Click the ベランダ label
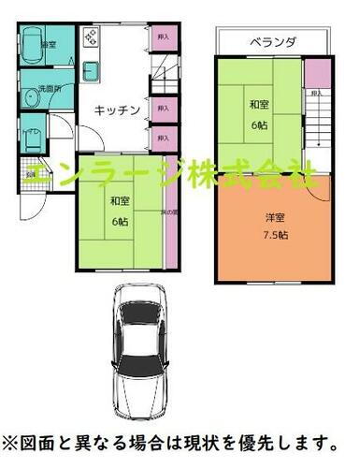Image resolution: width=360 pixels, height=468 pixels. pos(273,42)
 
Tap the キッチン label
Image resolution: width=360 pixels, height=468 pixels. pos(117,110)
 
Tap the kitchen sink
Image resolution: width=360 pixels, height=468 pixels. pos(94,71)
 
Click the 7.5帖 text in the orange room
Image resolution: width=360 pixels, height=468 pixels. pos(276,233)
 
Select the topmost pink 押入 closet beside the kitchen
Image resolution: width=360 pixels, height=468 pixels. pos(164,39)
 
